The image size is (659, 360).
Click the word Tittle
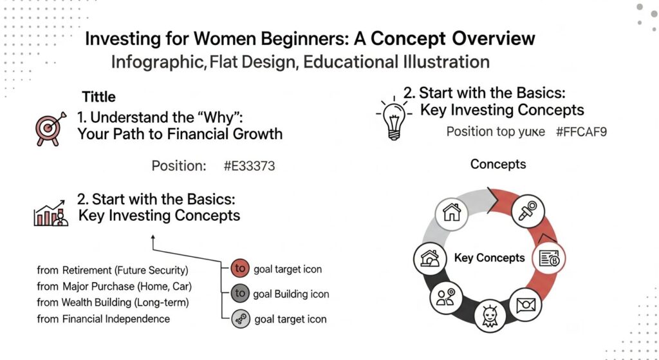pyautogui.click(x=98, y=97)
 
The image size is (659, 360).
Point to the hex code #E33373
pyautogui.click(x=249, y=166)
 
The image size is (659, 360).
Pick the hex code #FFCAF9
pyautogui.click(x=582, y=132)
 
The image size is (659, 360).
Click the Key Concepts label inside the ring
pyautogui.click(x=489, y=258)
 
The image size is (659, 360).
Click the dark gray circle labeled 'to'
pyautogui.click(x=239, y=294)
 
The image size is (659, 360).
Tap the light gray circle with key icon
pyautogui.click(x=239, y=319)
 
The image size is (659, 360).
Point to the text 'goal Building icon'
pyautogui.click(x=291, y=294)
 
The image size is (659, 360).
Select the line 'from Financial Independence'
pyautogui.click(x=103, y=319)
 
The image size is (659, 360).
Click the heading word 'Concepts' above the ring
pyautogui.click(x=497, y=164)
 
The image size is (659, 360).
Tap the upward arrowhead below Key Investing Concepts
pyautogui.click(x=153, y=238)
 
